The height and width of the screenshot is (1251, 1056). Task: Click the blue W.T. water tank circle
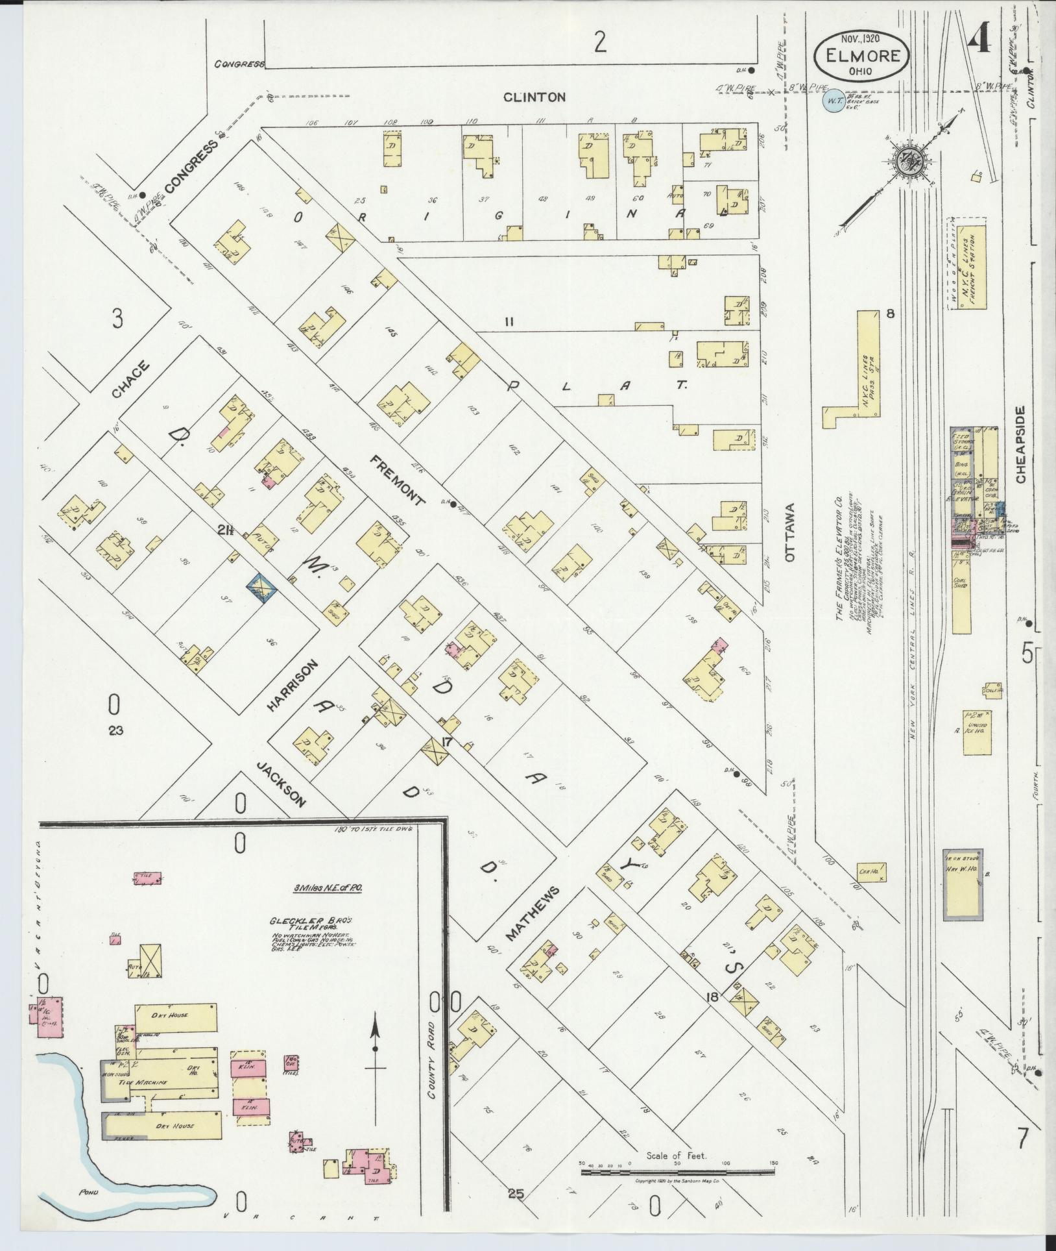tap(833, 101)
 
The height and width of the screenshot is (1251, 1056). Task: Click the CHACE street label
tap(130, 380)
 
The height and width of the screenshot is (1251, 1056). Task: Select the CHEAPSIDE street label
tap(1021, 445)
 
